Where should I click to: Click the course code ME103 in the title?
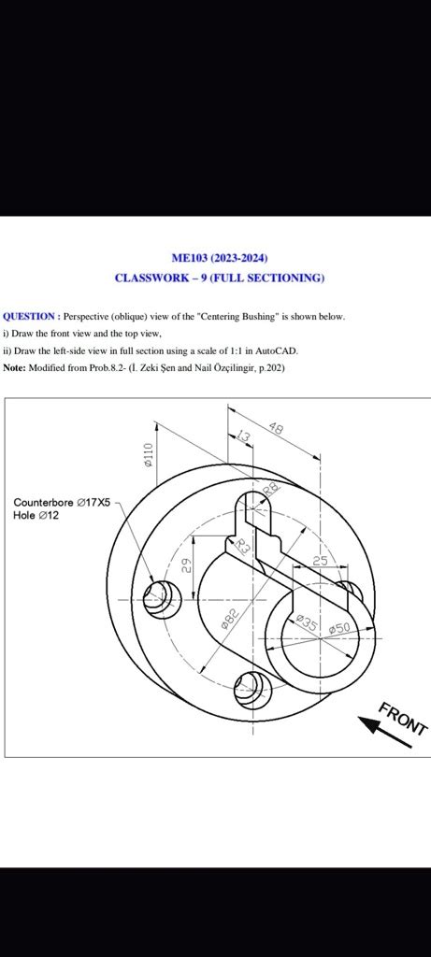[x=190, y=258]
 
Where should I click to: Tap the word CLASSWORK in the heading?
[x=155, y=278]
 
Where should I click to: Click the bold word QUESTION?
[x=31, y=317]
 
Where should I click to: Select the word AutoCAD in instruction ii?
[x=279, y=350]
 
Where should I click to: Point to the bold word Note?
[x=14, y=368]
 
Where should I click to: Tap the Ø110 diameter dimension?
[x=147, y=453]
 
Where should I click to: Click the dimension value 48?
[x=276, y=428]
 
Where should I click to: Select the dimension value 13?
[x=244, y=437]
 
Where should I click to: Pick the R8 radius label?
[x=270, y=491]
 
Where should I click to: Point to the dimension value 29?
[x=186, y=565]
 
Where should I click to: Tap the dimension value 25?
[x=320, y=560]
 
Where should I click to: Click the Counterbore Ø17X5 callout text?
[x=62, y=502]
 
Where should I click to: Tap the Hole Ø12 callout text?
[x=36, y=515]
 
